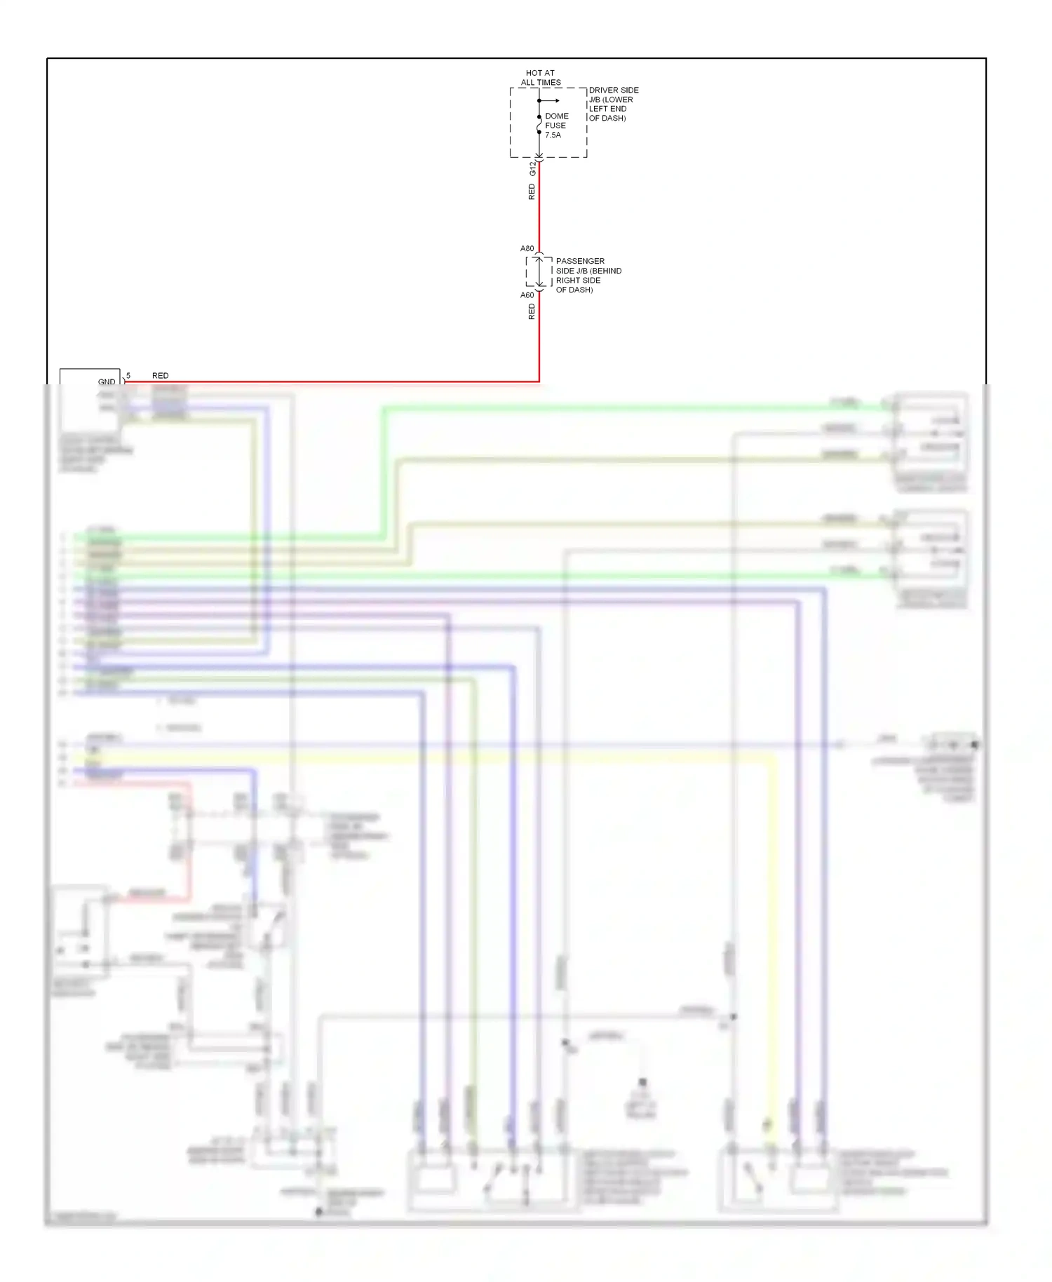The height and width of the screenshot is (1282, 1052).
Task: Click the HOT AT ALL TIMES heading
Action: pos(540,77)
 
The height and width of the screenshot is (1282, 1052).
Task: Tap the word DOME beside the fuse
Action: pos(556,116)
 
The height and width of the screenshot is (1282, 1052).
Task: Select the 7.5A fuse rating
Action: pos(553,135)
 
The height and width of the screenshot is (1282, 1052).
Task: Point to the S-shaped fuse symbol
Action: pos(539,125)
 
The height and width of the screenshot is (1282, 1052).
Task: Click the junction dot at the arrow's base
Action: pos(539,100)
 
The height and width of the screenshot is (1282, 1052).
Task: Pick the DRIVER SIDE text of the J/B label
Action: pos(614,90)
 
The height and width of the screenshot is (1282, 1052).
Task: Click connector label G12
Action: pos(532,168)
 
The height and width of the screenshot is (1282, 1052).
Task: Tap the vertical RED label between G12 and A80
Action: pos(532,192)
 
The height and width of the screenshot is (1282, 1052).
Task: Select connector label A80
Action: pos(527,249)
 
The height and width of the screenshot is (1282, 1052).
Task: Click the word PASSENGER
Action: pos(580,261)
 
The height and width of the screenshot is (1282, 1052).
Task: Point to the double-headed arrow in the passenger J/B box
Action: pos(539,271)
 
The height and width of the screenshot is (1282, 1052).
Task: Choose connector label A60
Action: pos(527,295)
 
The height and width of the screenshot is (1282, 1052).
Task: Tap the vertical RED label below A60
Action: pos(532,311)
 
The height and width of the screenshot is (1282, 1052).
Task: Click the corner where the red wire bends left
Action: pos(539,382)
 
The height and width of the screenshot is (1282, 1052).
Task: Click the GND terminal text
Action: pos(107,382)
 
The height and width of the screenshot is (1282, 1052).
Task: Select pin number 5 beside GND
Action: pos(128,376)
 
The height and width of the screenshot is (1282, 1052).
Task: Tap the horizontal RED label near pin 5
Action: pos(160,376)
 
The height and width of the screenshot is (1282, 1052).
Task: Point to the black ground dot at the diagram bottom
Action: pos(318,1211)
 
